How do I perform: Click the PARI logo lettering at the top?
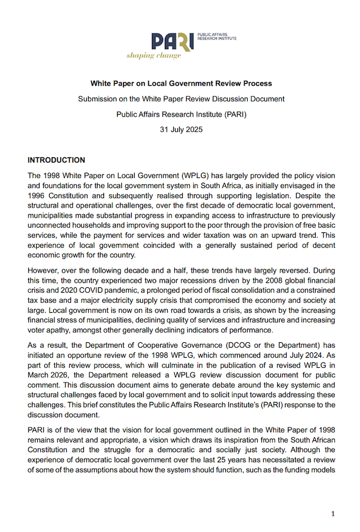(171, 41)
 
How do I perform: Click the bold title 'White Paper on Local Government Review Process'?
(181, 84)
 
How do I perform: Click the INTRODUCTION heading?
(56, 160)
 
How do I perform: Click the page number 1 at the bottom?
(333, 514)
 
